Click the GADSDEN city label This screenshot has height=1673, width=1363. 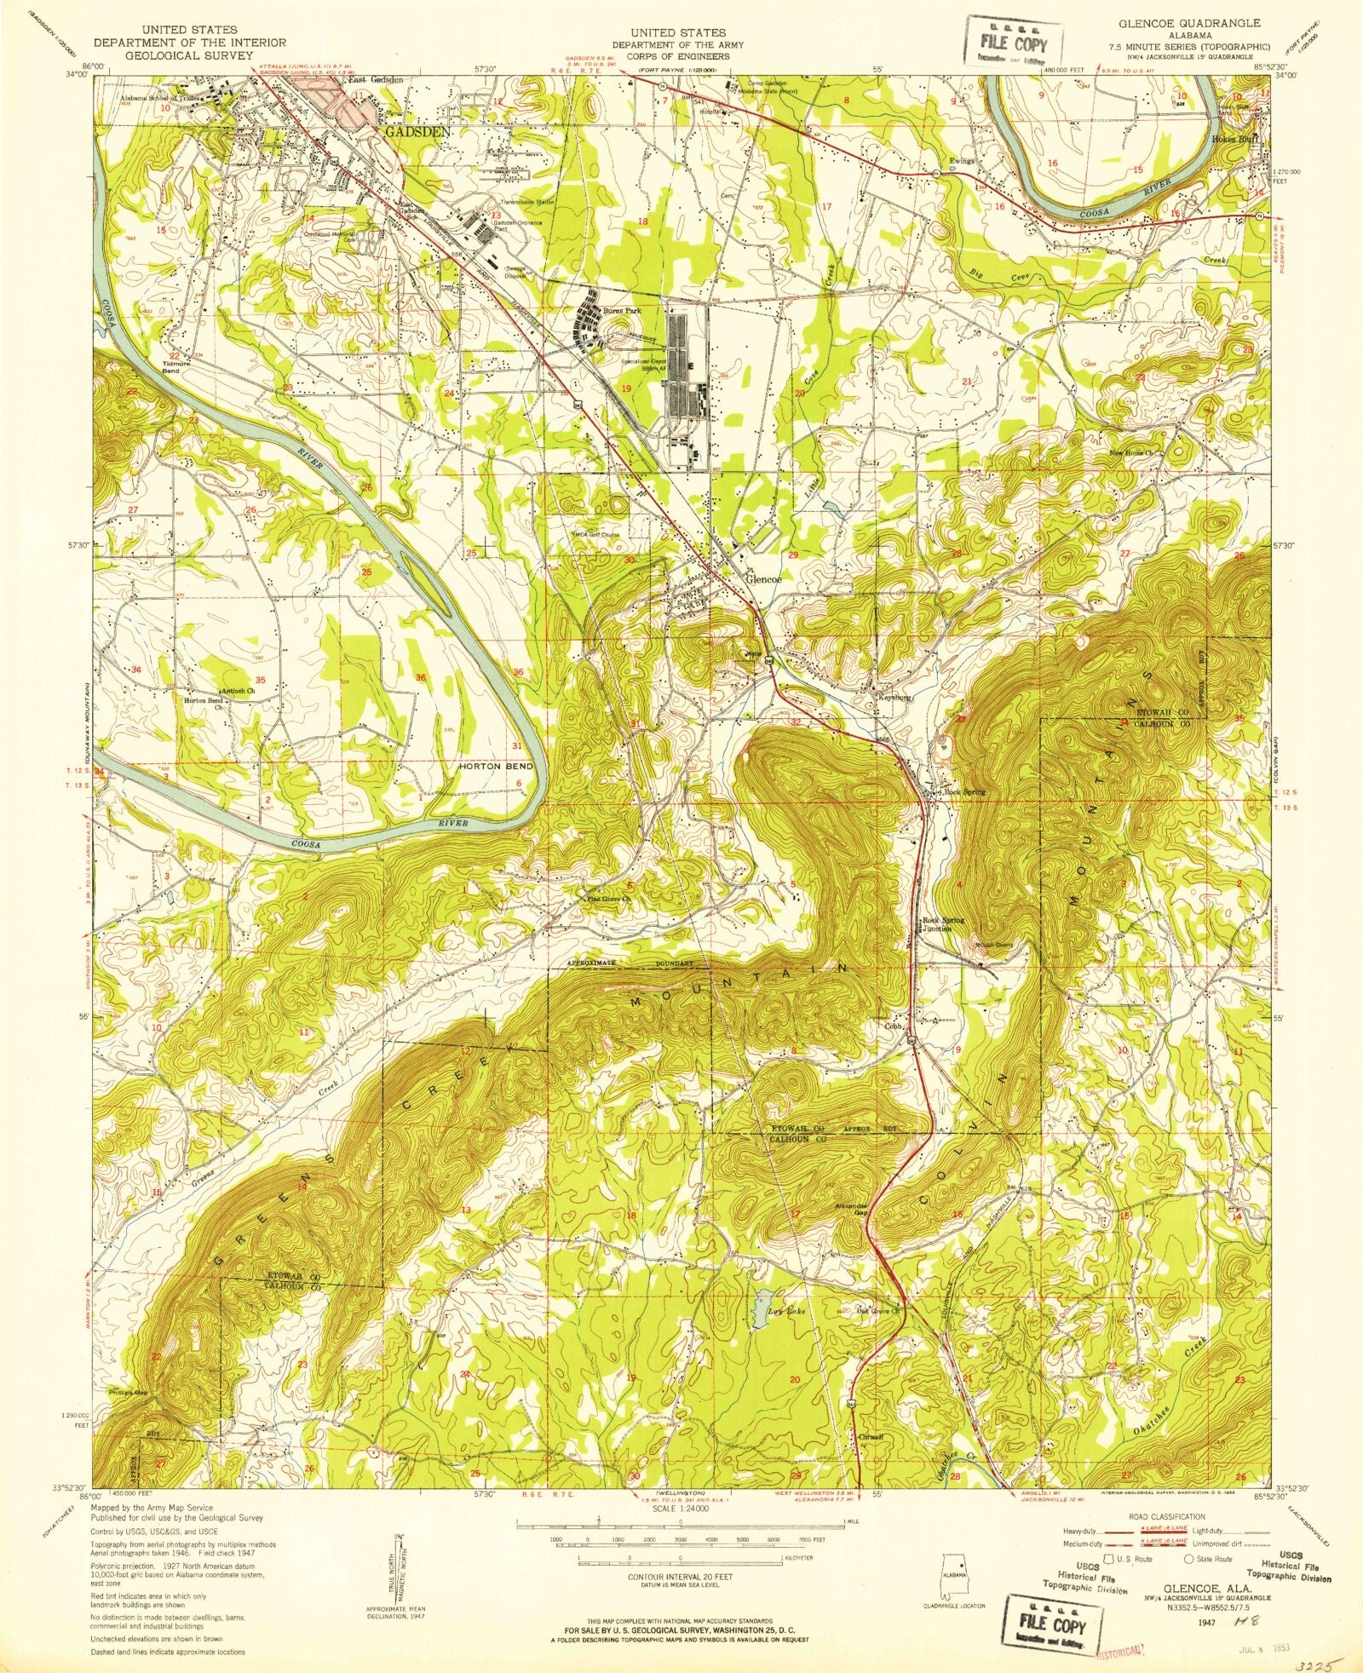click(417, 133)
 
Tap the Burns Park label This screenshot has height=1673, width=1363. click(621, 312)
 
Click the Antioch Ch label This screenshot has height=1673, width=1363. click(238, 691)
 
